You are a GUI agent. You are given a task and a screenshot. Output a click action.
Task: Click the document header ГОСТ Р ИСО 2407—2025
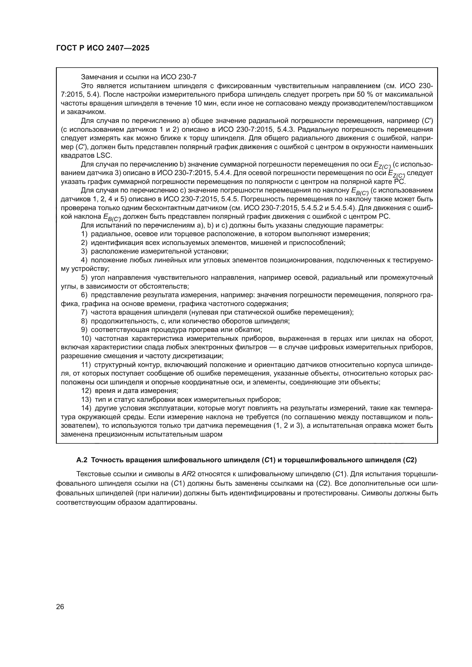click(x=103, y=48)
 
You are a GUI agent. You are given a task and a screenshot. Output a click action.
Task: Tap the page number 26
click(x=60, y=607)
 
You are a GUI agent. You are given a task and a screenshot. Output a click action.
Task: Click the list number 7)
click(x=84, y=312)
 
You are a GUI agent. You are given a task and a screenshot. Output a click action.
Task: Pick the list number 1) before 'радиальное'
click(x=84, y=234)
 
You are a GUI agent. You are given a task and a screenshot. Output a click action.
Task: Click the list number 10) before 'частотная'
click(x=86, y=338)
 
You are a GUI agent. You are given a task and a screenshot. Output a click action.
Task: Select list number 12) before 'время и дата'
click(x=86, y=391)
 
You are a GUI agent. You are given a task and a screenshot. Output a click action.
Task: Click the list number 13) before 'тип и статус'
click(x=86, y=400)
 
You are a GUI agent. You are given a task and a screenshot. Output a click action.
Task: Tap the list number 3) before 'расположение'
click(x=84, y=251)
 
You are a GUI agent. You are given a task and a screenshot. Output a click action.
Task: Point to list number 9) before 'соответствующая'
click(x=84, y=330)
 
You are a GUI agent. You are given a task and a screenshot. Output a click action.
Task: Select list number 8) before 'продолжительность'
click(x=84, y=321)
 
